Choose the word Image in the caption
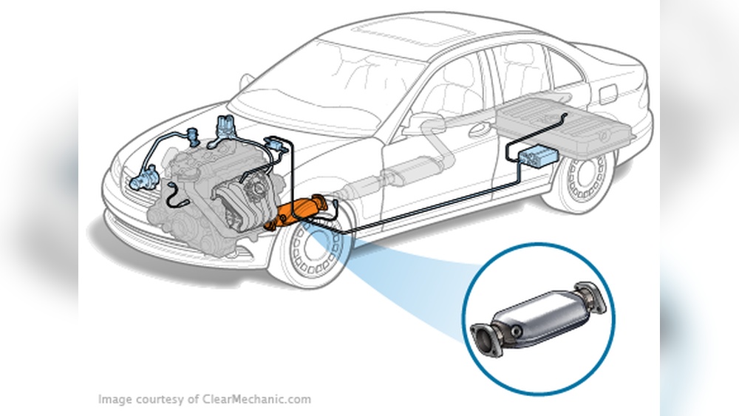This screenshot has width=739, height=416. (115, 400)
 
